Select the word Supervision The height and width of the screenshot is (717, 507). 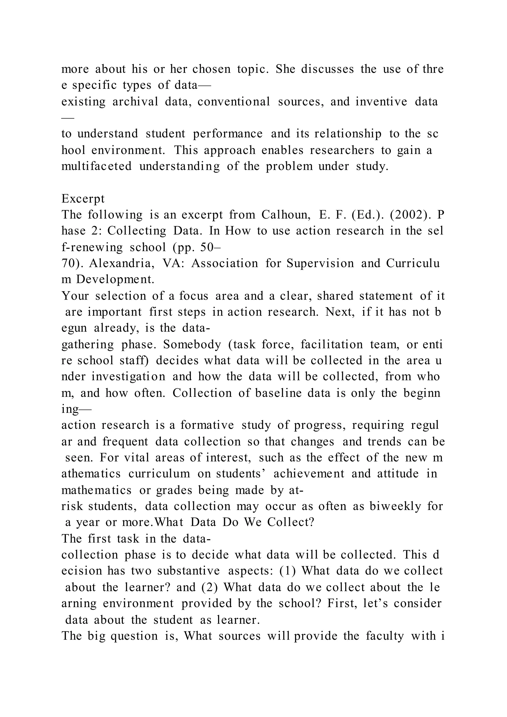tap(320, 263)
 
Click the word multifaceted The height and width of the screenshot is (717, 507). tap(97, 166)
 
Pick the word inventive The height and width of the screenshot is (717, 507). tap(381, 102)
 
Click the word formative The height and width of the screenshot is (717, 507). tap(207, 425)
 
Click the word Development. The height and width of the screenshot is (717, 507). tap(115, 280)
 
